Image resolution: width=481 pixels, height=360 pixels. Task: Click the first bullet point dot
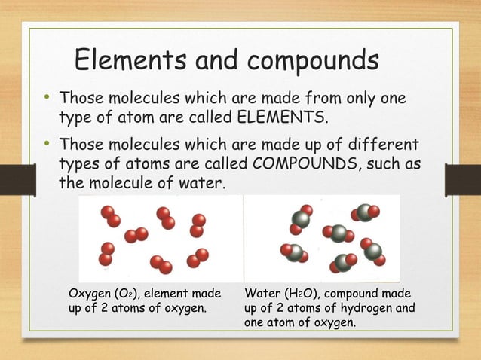coord(47,99)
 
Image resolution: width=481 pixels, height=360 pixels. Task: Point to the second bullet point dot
coord(47,144)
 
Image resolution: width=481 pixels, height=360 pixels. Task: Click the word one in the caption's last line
coord(256,322)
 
